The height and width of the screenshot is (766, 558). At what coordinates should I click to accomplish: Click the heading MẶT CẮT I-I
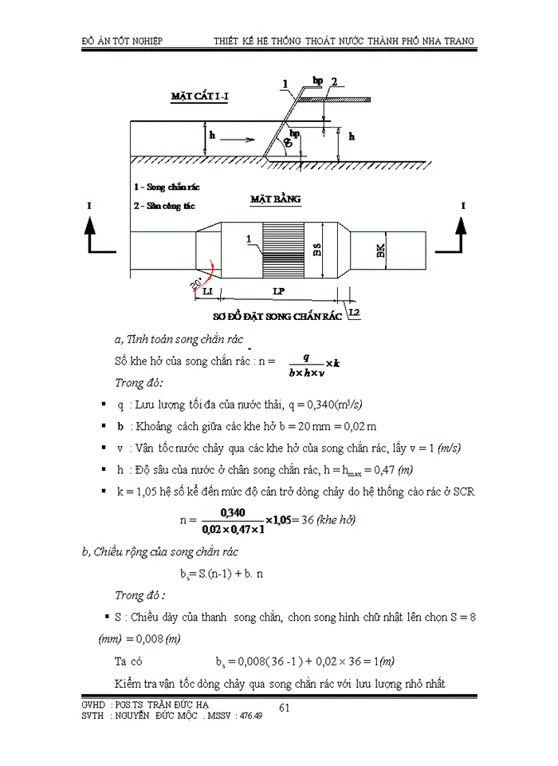click(200, 97)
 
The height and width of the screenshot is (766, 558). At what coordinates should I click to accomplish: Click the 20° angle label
click(194, 283)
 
